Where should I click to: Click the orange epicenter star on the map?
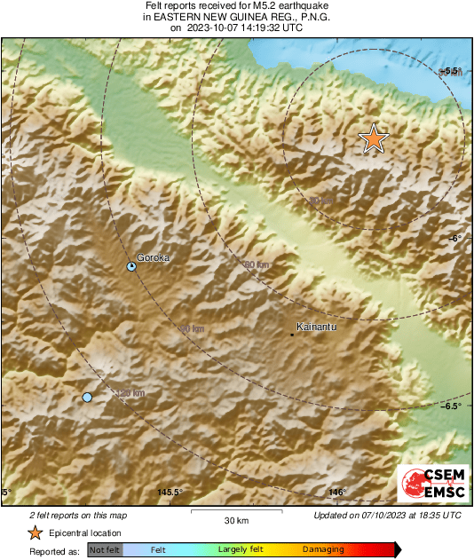(x=374, y=138)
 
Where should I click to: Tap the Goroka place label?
(x=153, y=258)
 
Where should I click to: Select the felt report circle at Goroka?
(x=131, y=266)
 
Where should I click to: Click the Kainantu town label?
(x=318, y=326)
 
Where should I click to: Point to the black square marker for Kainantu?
(x=293, y=335)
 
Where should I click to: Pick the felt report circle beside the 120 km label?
(x=87, y=397)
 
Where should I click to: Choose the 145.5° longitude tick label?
(x=169, y=493)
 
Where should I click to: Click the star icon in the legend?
(x=35, y=532)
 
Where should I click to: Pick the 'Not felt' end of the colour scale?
(x=104, y=550)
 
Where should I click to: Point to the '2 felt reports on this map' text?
(x=79, y=515)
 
